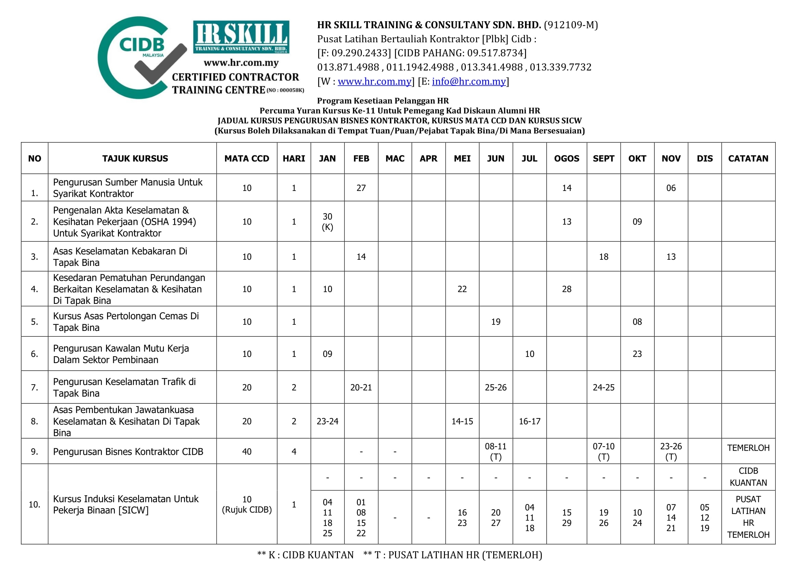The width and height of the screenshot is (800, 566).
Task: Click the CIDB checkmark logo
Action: coord(141,58)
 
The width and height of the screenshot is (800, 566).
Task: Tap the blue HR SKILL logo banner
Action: coord(241,37)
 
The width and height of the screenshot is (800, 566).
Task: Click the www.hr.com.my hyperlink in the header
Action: coord(374,81)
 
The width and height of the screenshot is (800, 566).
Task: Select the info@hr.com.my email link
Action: coord(469,81)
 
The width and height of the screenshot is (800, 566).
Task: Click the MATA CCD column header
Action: coord(247,158)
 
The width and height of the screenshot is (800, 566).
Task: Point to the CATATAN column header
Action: coord(748,158)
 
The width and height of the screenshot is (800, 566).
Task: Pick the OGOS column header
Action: coord(566,158)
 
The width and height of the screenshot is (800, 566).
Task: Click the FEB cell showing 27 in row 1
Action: coord(361,188)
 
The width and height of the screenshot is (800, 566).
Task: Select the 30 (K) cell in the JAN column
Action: coord(327,222)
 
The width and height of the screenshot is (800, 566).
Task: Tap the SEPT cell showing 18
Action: coord(603,257)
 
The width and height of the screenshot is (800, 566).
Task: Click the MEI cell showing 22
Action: coord(462,289)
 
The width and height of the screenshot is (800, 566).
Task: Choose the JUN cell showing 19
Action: coord(496,322)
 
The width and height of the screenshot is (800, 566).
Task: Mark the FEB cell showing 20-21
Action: coord(361,387)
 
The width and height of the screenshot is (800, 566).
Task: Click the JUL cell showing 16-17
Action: coord(529,421)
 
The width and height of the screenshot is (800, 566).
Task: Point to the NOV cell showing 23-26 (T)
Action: coord(671,451)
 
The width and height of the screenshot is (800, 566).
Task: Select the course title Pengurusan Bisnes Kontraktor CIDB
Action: coord(128,452)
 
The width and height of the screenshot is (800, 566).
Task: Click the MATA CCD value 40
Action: coord(247,452)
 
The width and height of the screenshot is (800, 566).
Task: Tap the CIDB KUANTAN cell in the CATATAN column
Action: coord(748,477)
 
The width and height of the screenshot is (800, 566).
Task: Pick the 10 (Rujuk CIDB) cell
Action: coord(247,504)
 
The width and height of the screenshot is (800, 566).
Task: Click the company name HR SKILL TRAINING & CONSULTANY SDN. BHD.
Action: coord(429,25)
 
